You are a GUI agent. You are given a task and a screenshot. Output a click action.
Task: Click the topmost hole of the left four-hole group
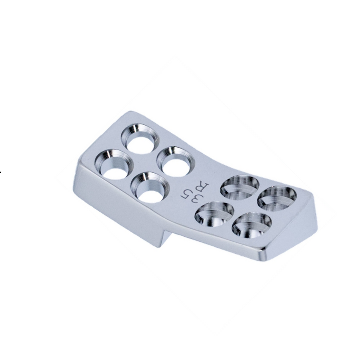140,138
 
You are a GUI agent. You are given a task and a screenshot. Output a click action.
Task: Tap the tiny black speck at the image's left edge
1,172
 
